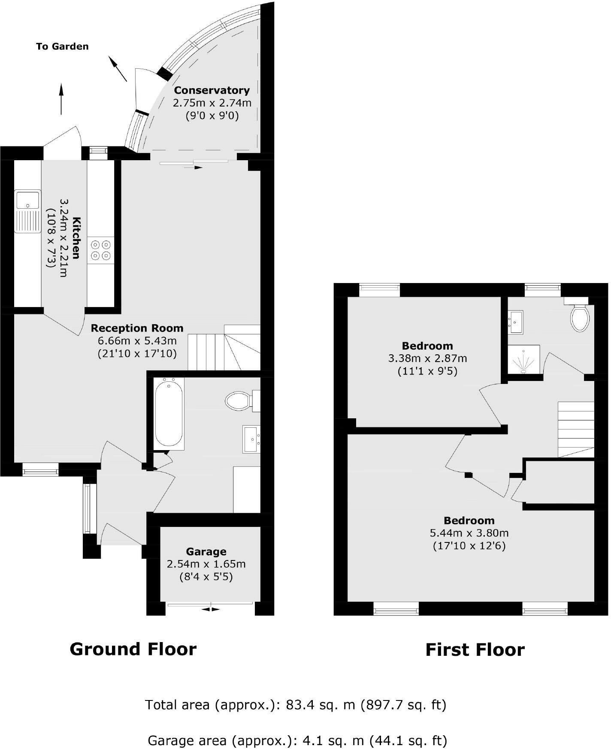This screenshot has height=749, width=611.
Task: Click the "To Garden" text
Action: click(x=62, y=46)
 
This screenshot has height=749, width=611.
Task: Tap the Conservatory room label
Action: click(x=212, y=90)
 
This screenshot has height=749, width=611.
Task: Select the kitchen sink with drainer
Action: click(x=28, y=211)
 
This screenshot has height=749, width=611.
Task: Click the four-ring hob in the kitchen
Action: click(x=101, y=250)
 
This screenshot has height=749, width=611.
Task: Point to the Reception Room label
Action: click(x=137, y=328)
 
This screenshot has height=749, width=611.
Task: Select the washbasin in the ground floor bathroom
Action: click(x=251, y=439)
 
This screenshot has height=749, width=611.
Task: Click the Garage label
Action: click(x=206, y=551)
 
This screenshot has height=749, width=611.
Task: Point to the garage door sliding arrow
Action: click(x=210, y=609)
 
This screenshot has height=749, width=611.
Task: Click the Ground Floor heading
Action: click(x=133, y=649)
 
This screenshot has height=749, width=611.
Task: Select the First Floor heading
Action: click(x=475, y=650)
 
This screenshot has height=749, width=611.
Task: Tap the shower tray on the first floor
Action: click(x=523, y=359)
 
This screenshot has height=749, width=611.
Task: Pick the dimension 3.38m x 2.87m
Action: click(x=427, y=358)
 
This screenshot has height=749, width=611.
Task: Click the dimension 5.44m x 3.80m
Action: click(x=469, y=533)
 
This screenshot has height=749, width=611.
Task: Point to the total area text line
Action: click(x=296, y=705)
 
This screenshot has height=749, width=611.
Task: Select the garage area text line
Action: click(x=297, y=740)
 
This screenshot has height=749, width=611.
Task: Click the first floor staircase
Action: click(x=576, y=429)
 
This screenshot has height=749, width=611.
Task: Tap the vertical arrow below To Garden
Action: click(x=61, y=99)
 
